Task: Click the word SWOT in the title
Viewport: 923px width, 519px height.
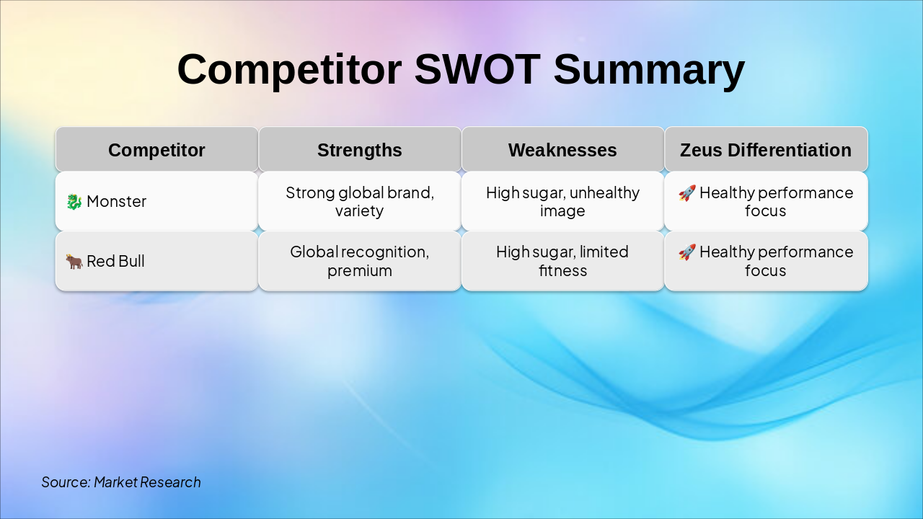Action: pyautogui.click(x=477, y=70)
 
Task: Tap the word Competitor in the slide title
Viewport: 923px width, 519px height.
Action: pyautogui.click(x=289, y=70)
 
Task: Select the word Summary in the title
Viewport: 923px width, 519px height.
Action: pyautogui.click(x=649, y=70)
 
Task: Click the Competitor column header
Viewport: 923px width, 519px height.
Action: pyautogui.click(x=156, y=150)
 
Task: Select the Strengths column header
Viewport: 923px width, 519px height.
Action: pyautogui.click(x=360, y=150)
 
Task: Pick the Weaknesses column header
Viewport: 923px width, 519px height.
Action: pyautogui.click(x=562, y=150)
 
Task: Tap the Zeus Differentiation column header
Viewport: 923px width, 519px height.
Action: pyautogui.click(x=766, y=150)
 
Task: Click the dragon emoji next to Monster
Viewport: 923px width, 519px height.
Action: pyautogui.click(x=74, y=202)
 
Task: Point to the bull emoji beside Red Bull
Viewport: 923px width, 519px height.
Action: pyautogui.click(x=74, y=262)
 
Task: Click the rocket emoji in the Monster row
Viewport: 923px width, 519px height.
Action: pyautogui.click(x=687, y=193)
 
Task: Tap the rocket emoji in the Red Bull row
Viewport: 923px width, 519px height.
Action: pyautogui.click(x=687, y=252)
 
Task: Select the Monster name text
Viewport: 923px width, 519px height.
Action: pyautogui.click(x=116, y=202)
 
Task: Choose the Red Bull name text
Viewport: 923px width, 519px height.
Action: pyautogui.click(x=115, y=262)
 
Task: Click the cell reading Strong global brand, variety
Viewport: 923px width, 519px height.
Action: pyautogui.click(x=360, y=202)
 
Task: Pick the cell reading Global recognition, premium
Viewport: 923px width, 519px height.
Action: pyautogui.click(x=360, y=261)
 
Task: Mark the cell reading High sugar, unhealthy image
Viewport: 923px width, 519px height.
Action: pyautogui.click(x=562, y=202)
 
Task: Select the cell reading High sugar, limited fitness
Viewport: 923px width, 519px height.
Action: pyautogui.click(x=562, y=261)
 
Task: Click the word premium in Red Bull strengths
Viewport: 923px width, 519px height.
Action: pyautogui.click(x=360, y=271)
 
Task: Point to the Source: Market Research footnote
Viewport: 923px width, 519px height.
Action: pyautogui.click(x=121, y=482)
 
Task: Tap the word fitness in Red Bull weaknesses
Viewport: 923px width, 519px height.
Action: pyautogui.click(x=562, y=271)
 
